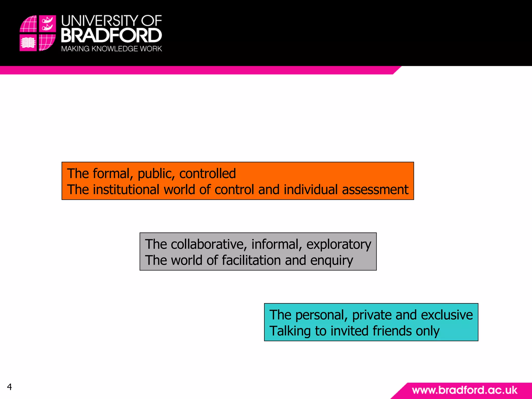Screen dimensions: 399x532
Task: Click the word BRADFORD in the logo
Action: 111,36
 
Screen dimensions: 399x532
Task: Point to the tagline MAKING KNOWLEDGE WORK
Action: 111,49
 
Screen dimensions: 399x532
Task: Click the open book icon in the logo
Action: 28,43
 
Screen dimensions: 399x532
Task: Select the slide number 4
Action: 9,387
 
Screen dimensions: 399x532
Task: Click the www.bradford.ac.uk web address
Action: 464,390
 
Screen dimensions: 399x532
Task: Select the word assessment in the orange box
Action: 375,189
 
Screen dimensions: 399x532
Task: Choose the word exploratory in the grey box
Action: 339,245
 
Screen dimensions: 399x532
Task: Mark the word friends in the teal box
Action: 392,331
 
